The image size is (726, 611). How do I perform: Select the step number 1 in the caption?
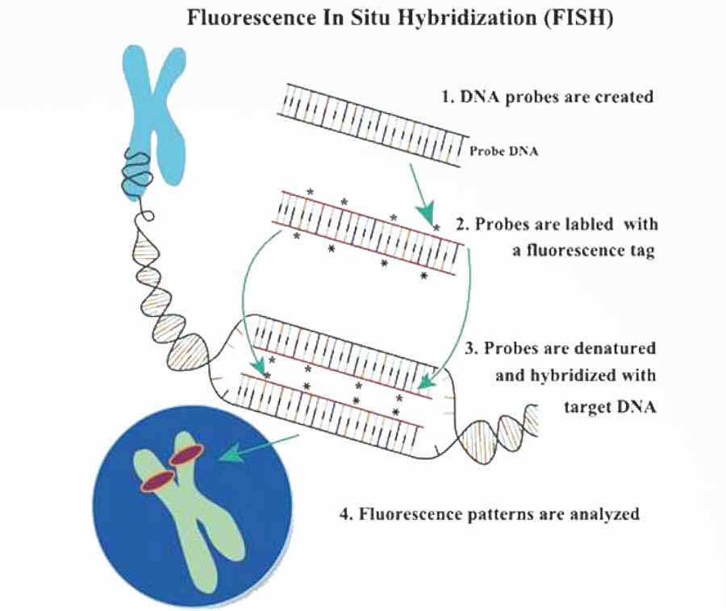444,98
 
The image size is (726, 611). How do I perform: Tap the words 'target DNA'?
610,407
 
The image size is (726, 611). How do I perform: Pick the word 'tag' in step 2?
642,251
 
